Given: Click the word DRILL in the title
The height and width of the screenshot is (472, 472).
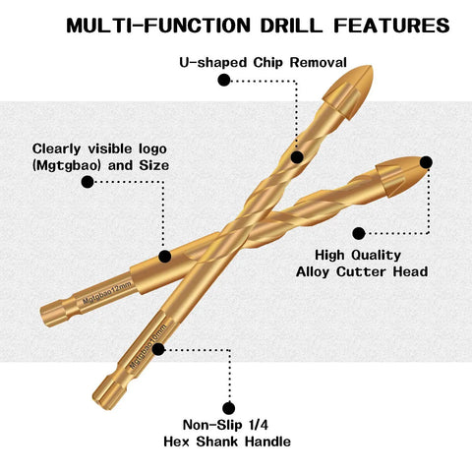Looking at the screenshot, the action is [x=292, y=26].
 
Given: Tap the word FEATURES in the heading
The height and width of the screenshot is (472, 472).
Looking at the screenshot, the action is [x=391, y=26].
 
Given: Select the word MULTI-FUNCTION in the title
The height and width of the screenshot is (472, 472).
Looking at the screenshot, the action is [x=158, y=26].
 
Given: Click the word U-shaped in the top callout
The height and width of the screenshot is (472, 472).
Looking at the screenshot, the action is [x=213, y=62].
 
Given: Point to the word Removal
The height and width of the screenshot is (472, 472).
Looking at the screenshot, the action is [x=318, y=62].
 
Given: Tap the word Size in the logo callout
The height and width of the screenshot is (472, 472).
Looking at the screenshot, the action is [x=154, y=165].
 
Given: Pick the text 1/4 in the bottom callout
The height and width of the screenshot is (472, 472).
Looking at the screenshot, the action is [x=259, y=425].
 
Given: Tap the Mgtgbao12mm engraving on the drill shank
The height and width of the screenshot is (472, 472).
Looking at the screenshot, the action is [x=107, y=292].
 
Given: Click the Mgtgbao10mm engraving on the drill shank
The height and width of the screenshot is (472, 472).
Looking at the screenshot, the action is [x=148, y=346].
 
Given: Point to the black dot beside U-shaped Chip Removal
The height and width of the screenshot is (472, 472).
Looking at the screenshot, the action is [x=224, y=80].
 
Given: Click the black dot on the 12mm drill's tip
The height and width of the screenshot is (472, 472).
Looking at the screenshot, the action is [x=426, y=162].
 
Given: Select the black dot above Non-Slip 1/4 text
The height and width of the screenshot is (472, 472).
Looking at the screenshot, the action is [x=228, y=408].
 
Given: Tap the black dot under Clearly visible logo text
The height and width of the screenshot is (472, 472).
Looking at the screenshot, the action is [x=88, y=182].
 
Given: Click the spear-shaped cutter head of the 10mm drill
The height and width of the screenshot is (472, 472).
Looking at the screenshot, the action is [x=348, y=90].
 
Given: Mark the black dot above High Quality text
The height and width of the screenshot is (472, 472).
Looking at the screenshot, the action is [x=359, y=233].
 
